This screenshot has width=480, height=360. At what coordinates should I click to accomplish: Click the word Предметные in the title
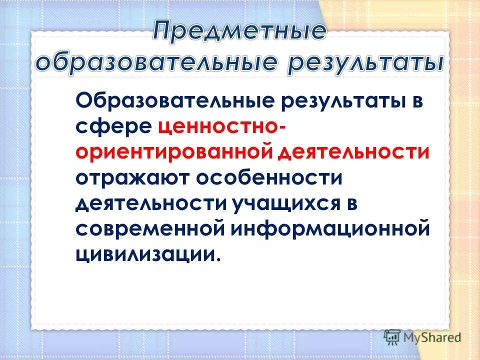click(239, 32)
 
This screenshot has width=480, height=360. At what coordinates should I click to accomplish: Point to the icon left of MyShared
click(391, 337)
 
